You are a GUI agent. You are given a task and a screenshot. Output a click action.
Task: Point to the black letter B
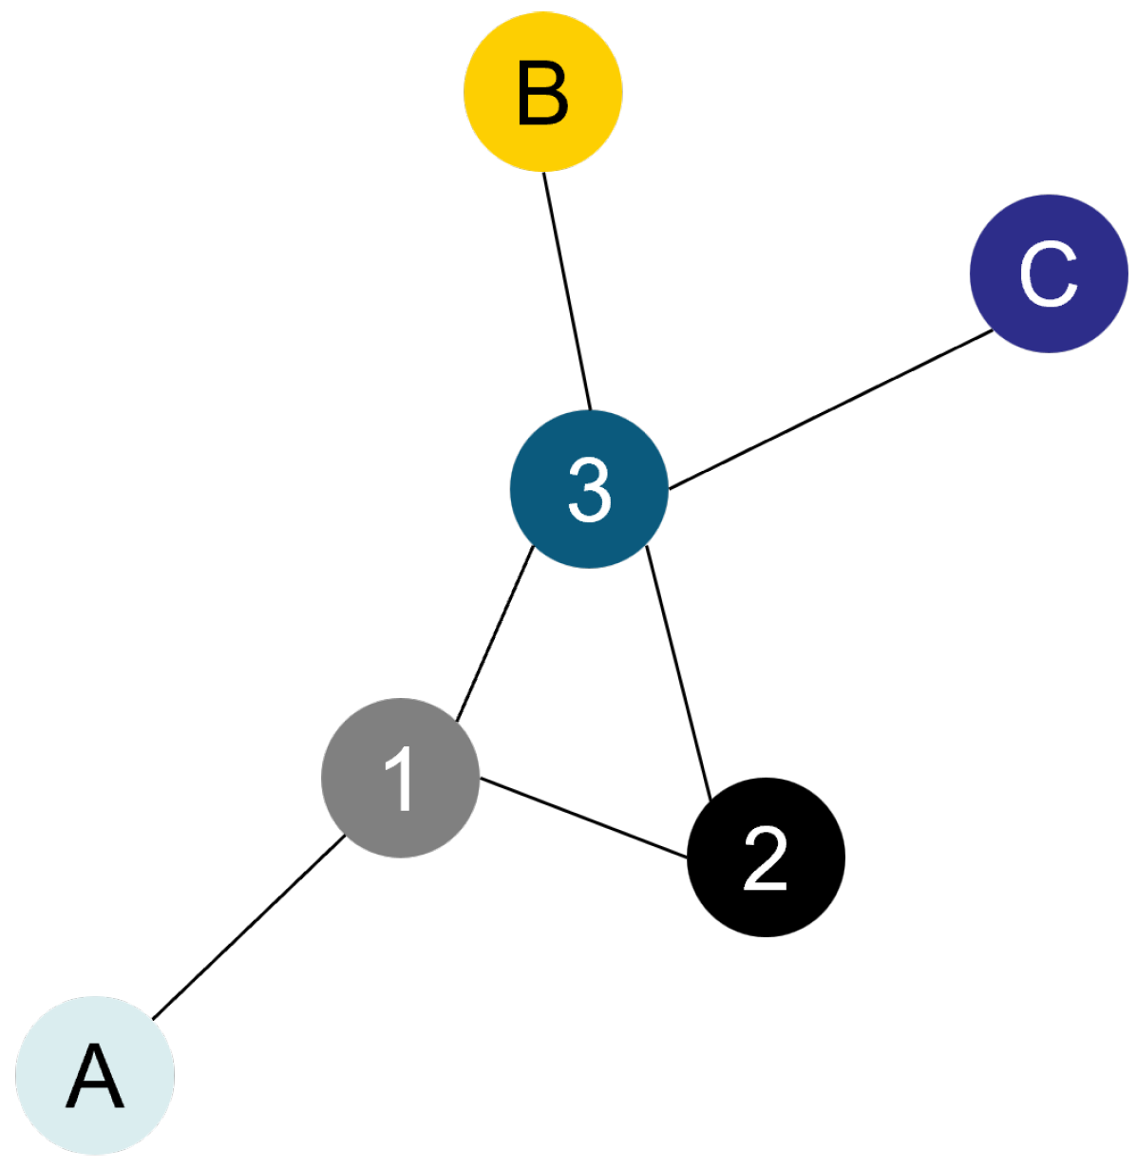(x=542, y=92)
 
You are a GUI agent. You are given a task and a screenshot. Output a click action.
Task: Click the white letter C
(x=1049, y=273)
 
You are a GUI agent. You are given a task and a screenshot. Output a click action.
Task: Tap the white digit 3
(x=589, y=489)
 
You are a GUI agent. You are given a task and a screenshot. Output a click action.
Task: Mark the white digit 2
(x=766, y=857)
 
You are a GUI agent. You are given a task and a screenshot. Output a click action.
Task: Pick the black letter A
(x=95, y=1077)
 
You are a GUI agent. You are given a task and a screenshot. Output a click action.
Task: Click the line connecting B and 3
(x=566, y=290)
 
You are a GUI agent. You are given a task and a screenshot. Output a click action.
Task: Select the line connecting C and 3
(x=831, y=409)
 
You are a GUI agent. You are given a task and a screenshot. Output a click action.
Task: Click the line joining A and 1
(x=248, y=928)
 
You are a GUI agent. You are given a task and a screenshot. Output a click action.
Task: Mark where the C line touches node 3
(x=669, y=489)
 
